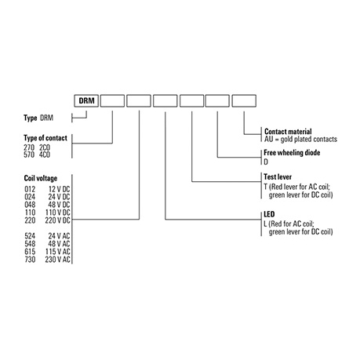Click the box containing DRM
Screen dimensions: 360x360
point(86,100)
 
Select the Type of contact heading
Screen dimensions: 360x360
point(45,138)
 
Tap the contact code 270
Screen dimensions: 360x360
point(29,147)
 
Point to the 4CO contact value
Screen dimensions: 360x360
point(45,155)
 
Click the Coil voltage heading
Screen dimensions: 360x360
point(41,178)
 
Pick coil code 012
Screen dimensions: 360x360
point(30,189)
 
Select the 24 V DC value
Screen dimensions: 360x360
point(59,197)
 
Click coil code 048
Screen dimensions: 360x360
point(30,205)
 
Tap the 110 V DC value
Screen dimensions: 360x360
point(57,213)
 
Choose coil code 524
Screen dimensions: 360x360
point(30,236)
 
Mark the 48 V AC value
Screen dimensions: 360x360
point(59,244)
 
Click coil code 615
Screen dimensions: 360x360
point(30,252)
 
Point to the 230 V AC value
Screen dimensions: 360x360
point(57,260)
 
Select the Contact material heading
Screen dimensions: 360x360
point(288,131)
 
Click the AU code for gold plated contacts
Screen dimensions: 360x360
point(268,139)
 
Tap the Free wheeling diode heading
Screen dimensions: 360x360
point(292,152)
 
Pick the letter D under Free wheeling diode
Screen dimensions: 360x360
point(266,162)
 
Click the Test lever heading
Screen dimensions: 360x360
point(278,176)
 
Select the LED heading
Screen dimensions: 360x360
point(269,214)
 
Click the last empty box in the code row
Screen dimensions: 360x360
point(244,100)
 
